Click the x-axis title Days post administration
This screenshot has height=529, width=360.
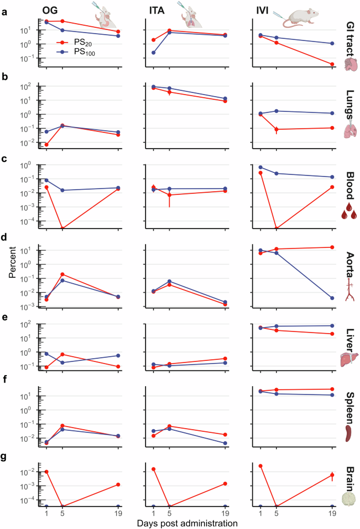[180, 523]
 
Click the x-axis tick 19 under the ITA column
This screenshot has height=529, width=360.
[225, 514]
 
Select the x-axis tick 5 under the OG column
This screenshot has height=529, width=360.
[62, 514]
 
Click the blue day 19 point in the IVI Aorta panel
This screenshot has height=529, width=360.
[332, 298]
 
